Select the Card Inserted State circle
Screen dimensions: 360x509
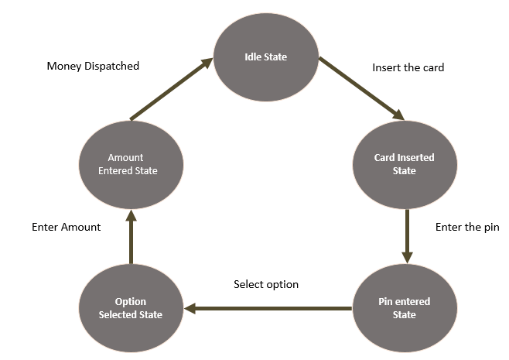click(x=404, y=163)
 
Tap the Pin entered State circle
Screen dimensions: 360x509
click(x=404, y=307)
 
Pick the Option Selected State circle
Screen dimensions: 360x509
click(x=131, y=307)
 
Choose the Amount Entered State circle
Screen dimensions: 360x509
click(x=131, y=163)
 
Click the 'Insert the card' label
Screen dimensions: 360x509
click(x=408, y=67)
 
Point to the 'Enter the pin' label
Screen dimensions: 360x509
click(x=467, y=228)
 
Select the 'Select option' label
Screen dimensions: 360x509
click(x=266, y=284)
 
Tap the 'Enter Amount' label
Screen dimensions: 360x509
click(x=67, y=228)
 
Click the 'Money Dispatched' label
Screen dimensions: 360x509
click(x=93, y=66)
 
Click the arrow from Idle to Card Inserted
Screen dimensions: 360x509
click(x=362, y=88)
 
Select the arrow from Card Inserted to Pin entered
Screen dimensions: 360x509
click(x=405, y=235)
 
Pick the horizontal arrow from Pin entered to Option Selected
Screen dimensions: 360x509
click(x=268, y=308)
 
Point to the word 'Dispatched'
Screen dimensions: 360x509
click(x=111, y=66)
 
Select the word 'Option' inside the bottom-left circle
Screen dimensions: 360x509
click(x=131, y=301)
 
